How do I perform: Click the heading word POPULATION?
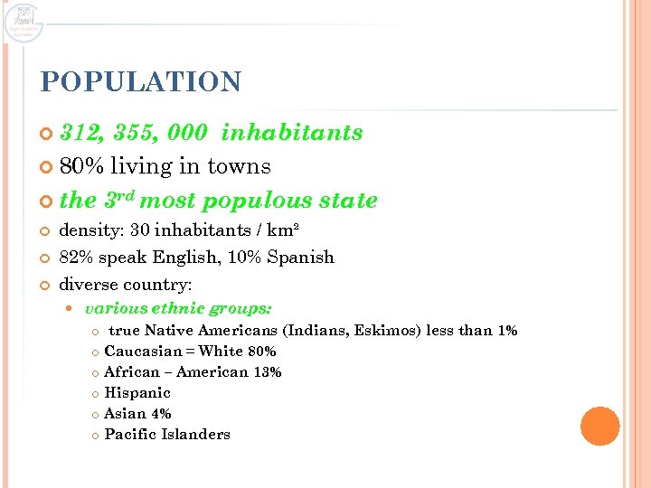141,82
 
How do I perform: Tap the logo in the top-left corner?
24,22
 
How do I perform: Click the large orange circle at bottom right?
599,426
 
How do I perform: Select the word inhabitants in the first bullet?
291,133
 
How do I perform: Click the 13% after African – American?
269,372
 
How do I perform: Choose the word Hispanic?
137,393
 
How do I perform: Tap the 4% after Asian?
161,414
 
